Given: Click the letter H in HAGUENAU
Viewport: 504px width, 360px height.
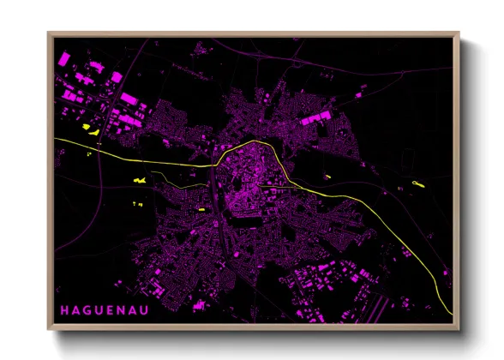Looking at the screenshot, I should pyautogui.click(x=63, y=308).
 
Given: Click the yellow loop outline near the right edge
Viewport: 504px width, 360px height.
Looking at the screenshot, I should pyautogui.click(x=418, y=183).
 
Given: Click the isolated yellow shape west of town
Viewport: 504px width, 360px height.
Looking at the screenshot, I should pyautogui.click(x=139, y=180).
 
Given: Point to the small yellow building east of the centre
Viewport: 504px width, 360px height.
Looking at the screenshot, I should pyautogui.click(x=327, y=177).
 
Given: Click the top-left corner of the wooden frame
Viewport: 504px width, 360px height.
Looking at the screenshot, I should pyautogui.click(x=49, y=34).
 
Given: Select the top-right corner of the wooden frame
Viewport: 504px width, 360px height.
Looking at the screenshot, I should pyautogui.click(x=459, y=34).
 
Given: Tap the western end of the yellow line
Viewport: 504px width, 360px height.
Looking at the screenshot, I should pyautogui.click(x=55, y=138).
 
